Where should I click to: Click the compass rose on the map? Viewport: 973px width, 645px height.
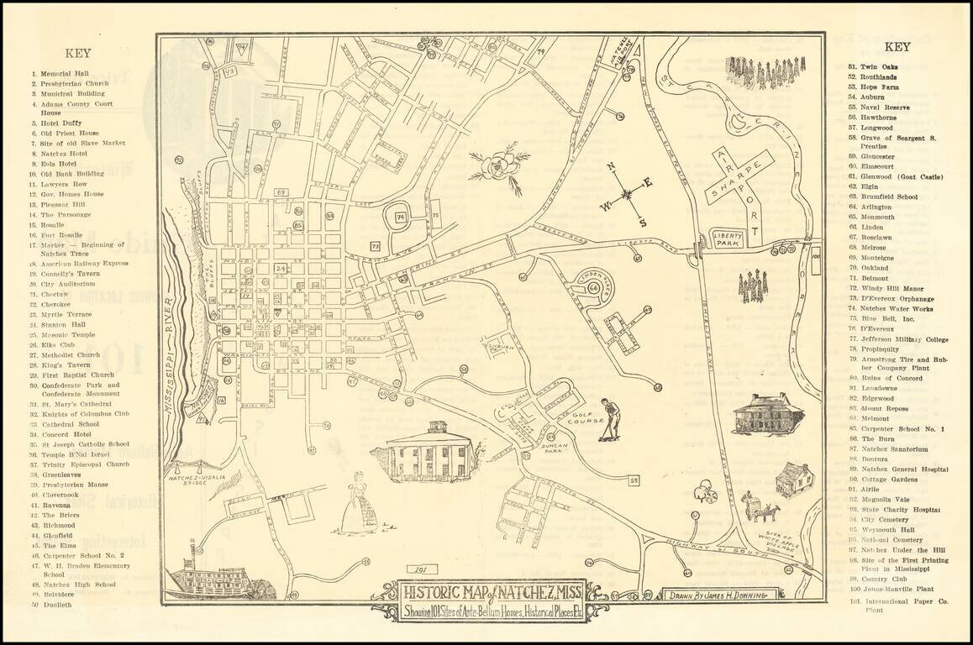(x=627, y=194)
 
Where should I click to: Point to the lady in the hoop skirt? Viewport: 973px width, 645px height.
(x=359, y=504)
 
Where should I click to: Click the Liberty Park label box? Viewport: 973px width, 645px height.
(x=728, y=239)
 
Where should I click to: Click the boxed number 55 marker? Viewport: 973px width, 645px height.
(x=634, y=480)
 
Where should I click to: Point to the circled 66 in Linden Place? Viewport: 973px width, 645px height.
(x=595, y=288)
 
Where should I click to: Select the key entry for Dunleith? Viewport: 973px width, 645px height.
(x=58, y=604)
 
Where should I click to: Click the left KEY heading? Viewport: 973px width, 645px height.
(x=78, y=52)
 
